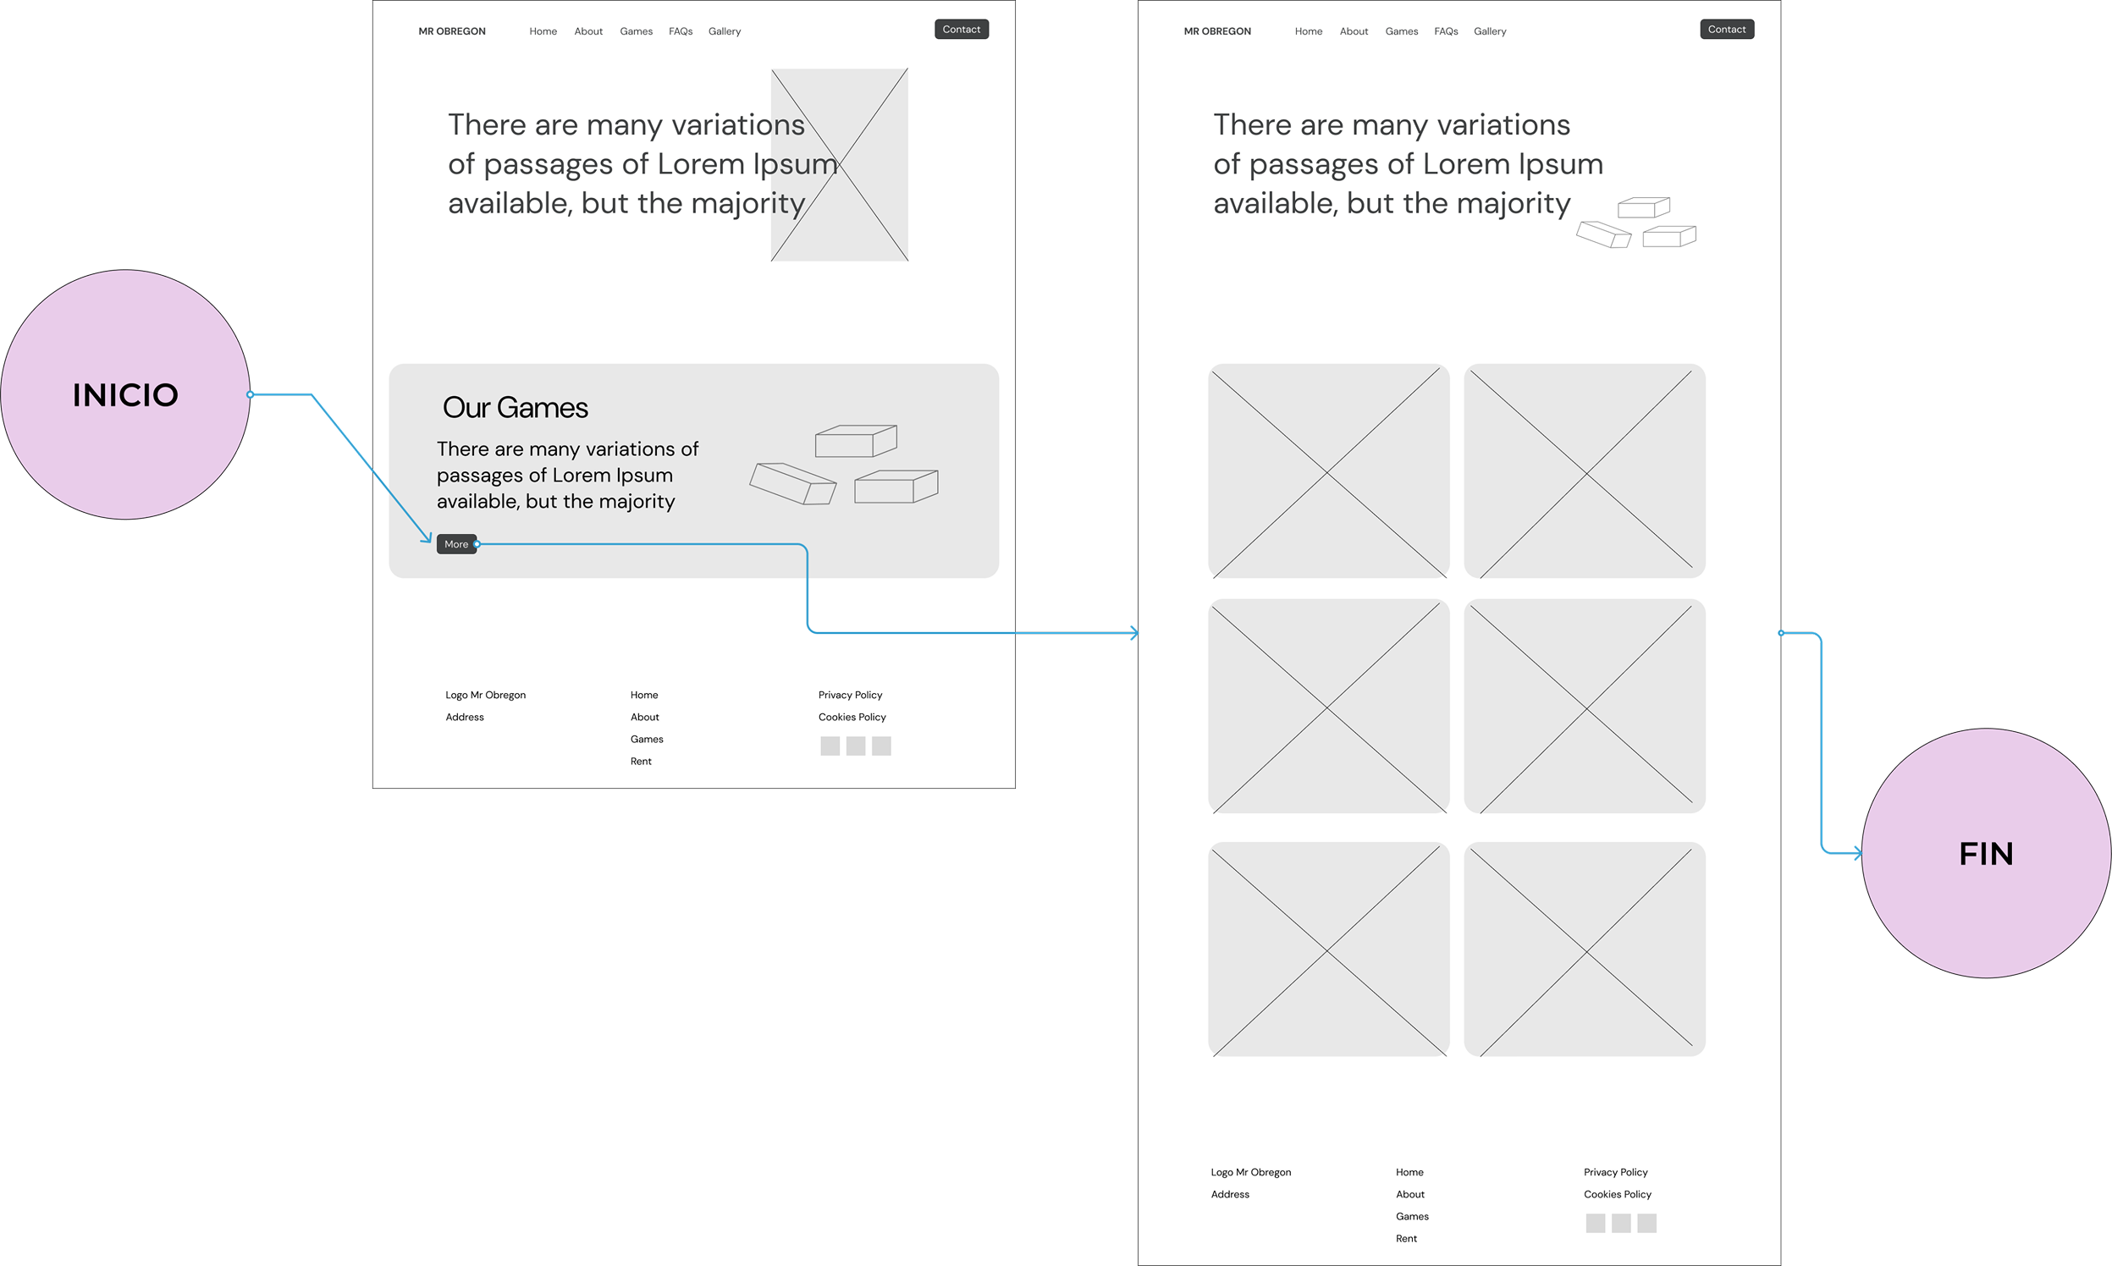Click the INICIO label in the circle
[125, 395]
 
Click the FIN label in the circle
[1986, 854]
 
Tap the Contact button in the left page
[962, 29]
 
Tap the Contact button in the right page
[1727, 29]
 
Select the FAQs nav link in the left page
[681, 31]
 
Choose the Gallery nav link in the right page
[1490, 31]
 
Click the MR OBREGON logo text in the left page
[452, 31]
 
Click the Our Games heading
[516, 408]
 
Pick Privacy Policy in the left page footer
[850, 696]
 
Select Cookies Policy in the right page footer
[1617, 1194]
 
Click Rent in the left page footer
[641, 762]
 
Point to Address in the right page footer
[1230, 1194]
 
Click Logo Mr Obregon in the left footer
[486, 696]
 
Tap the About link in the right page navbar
[1354, 31]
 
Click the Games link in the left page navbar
[637, 31]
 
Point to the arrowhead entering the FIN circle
[1858, 852]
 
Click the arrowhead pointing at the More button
[427, 537]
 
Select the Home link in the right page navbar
[1308, 31]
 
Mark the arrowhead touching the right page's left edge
[1134, 633]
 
